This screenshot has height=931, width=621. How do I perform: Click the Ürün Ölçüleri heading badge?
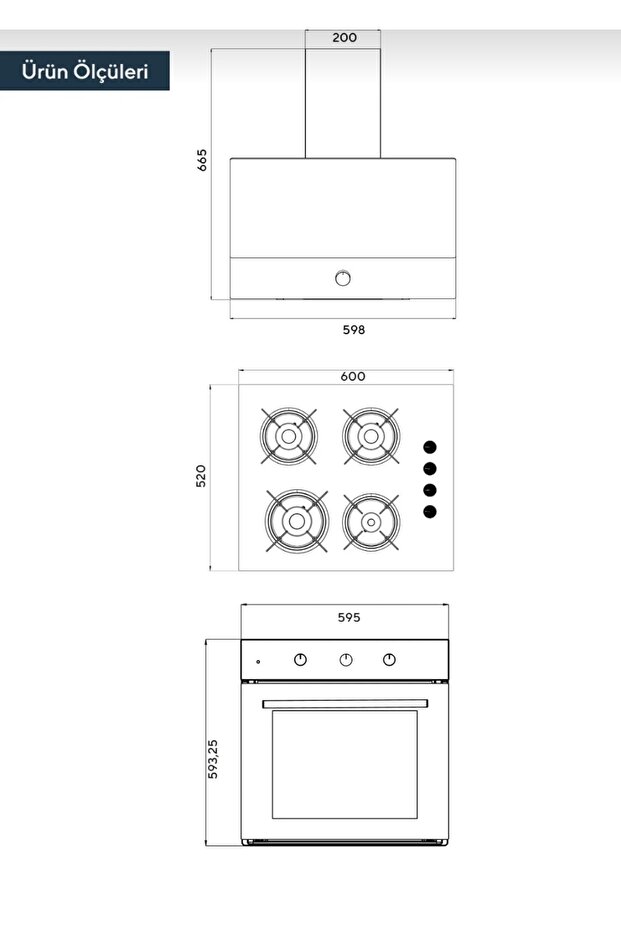(86, 71)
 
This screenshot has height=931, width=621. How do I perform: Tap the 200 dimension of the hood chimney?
(344, 38)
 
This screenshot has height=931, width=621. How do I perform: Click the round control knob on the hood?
(344, 277)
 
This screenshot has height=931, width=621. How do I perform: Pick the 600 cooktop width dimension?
(353, 377)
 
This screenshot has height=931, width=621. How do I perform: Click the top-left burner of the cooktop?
(289, 435)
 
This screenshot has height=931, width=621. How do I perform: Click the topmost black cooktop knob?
(429, 447)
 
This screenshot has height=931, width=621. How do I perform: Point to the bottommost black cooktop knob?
(429, 512)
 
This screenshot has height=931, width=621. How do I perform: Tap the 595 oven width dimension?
(348, 617)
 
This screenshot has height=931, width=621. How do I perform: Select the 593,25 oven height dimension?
(213, 759)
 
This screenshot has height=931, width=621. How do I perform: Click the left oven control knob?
(301, 659)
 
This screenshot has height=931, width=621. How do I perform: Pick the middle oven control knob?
(345, 659)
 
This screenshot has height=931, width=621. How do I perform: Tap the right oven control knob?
(389, 659)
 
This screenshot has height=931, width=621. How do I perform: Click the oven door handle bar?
(345, 704)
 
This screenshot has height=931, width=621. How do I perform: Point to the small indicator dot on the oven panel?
(258, 661)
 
